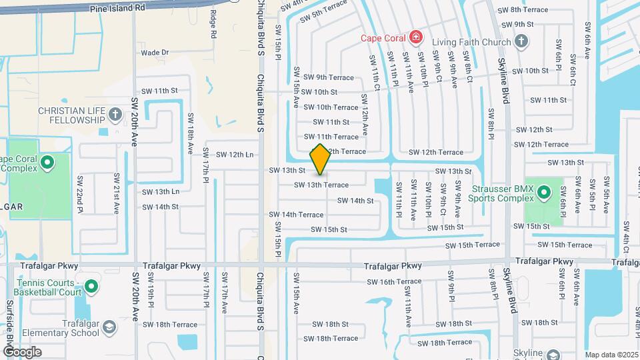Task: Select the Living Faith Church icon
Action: (521, 41)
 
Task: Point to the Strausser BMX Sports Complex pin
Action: (544, 193)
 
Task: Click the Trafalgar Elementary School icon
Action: (109, 327)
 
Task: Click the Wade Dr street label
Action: (155, 52)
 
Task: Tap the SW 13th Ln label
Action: (161, 192)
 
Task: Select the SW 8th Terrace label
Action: (529, 9)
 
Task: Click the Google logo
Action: (23, 351)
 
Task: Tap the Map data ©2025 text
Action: (611, 355)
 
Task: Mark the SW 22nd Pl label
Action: (80, 191)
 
